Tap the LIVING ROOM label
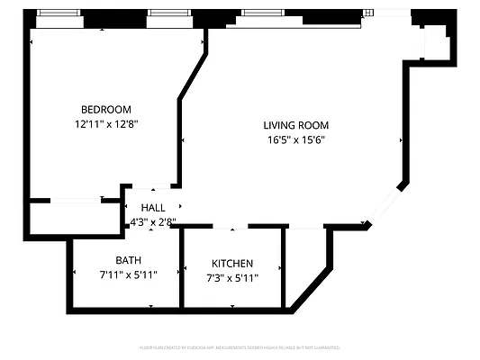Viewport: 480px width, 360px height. click(x=295, y=125)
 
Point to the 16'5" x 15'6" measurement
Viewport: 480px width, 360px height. click(x=295, y=140)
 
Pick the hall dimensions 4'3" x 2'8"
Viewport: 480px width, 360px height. click(x=153, y=221)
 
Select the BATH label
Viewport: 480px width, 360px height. click(x=129, y=260)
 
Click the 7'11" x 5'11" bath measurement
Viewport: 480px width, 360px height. click(x=129, y=275)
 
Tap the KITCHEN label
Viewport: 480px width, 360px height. click(x=232, y=263)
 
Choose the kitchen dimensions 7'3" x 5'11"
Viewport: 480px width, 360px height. click(x=232, y=278)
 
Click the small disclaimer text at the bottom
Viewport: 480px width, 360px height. click(x=240, y=346)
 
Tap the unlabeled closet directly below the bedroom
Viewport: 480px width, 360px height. click(x=76, y=218)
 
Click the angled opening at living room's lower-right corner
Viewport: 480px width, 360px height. click(x=385, y=206)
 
